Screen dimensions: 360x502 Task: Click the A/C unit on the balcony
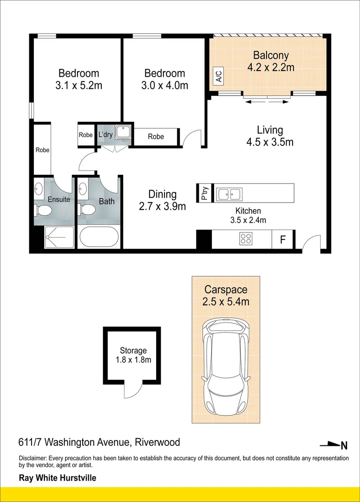[219, 76]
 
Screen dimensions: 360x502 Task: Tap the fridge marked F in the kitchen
[282, 239]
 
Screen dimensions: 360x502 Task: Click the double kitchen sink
[229, 194]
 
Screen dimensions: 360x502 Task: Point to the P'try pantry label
[205, 193]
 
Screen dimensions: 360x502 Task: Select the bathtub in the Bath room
[99, 237]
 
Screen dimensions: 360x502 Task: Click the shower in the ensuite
[59, 237]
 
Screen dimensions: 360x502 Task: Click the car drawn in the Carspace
[226, 366]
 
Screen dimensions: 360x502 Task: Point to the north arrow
[334, 445]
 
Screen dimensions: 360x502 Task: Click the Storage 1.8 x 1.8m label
[133, 355]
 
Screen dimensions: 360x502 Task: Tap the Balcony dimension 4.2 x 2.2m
[271, 67]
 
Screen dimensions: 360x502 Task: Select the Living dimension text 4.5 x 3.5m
[270, 142]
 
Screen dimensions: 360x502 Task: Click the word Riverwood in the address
[157, 442]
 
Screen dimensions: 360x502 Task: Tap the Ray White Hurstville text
[58, 478]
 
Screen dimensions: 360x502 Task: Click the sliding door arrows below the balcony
[267, 102]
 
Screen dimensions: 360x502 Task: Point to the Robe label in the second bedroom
[156, 137]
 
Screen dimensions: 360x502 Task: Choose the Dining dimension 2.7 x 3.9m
[162, 206]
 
